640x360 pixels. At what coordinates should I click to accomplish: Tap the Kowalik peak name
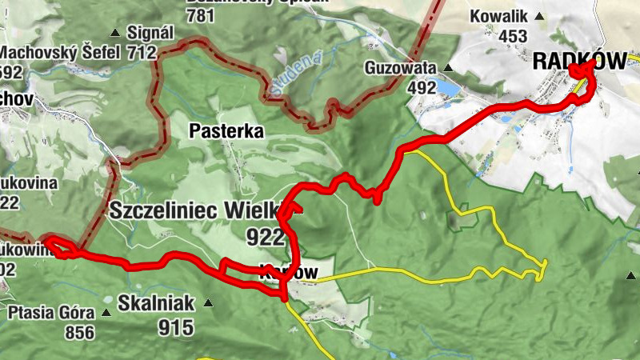pyautogui.click(x=499, y=16)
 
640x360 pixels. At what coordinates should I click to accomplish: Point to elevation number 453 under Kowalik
pyautogui.click(x=512, y=36)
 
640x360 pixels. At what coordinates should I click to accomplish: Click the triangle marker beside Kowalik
pyautogui.click(x=540, y=16)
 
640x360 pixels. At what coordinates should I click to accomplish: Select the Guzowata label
pyautogui.click(x=401, y=68)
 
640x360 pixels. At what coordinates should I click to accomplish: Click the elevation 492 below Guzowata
pyautogui.click(x=421, y=88)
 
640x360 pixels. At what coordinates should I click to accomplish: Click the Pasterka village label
pyautogui.click(x=226, y=130)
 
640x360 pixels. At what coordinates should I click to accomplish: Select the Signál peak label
pyautogui.click(x=150, y=33)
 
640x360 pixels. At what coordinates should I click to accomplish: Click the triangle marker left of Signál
pyautogui.click(x=115, y=33)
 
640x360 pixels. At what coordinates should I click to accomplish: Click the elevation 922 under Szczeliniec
pyautogui.click(x=266, y=237)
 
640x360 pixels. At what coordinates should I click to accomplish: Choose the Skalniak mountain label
pyautogui.click(x=155, y=303)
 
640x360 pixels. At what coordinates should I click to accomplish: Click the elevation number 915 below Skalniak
pyautogui.click(x=176, y=326)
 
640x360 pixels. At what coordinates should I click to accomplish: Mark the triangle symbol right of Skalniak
pyautogui.click(x=209, y=303)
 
